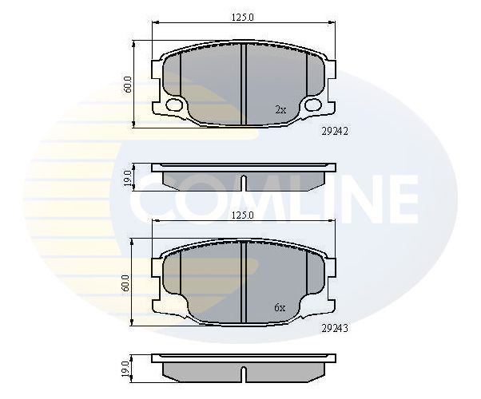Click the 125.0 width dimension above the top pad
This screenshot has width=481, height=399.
(x=242, y=18)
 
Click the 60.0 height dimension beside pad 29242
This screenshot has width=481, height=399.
(x=128, y=85)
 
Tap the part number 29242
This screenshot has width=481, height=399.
(x=335, y=132)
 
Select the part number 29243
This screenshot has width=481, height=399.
(x=335, y=329)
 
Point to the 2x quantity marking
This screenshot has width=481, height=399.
(x=280, y=109)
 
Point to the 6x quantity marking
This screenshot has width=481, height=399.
(x=280, y=307)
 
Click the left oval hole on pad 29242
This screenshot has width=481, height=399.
(x=173, y=105)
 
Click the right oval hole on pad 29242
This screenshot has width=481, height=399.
(x=313, y=105)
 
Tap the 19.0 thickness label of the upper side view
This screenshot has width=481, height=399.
(x=128, y=178)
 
